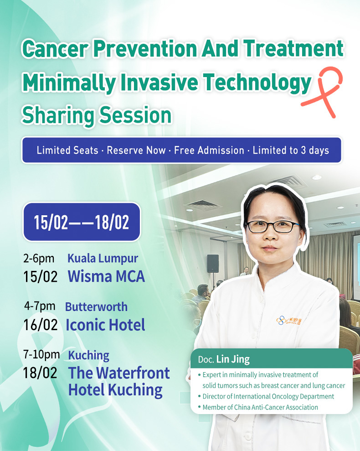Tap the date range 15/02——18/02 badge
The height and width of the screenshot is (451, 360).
point(82,222)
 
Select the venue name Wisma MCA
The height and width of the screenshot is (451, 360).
point(106,276)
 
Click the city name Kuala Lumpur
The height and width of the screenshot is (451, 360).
point(103,259)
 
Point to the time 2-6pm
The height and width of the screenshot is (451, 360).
point(39,259)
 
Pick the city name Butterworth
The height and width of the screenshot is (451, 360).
point(96,307)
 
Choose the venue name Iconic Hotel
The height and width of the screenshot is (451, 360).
point(105,325)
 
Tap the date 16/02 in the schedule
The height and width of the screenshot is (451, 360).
point(41,325)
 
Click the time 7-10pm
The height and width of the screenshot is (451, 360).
point(41,354)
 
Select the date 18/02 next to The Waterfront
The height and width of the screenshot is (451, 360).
point(40,373)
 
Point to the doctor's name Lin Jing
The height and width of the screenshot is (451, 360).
point(233,359)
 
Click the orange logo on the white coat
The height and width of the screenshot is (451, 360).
point(289,320)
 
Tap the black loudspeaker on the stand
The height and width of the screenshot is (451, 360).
point(213,264)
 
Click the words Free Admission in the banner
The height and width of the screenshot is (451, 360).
point(209,150)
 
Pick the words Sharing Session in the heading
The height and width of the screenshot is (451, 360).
point(97,115)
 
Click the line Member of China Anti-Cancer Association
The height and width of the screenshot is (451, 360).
point(260,407)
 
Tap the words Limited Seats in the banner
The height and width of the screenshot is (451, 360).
point(67,150)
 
